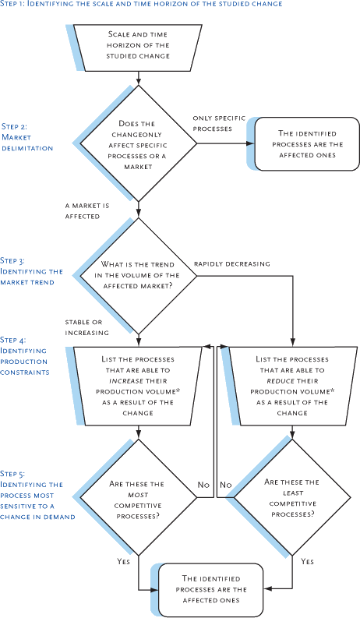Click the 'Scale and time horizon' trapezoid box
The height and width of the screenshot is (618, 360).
tap(139, 46)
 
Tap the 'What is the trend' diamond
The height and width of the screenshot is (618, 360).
tap(139, 275)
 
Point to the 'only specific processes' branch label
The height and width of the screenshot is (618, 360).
tap(213, 123)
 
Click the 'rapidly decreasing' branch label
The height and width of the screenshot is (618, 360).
tap(231, 264)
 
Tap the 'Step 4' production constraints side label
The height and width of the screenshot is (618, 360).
tap(25, 356)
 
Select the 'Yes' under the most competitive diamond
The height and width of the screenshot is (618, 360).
tap(123, 561)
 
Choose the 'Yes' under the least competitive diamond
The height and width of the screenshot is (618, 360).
tap(307, 561)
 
